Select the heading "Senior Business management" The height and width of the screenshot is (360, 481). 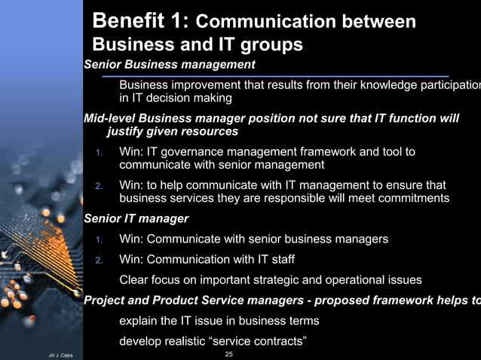170,65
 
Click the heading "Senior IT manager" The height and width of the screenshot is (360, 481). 136,219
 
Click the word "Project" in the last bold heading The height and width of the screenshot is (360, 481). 105,301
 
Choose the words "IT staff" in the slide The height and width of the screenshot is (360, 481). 274,260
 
